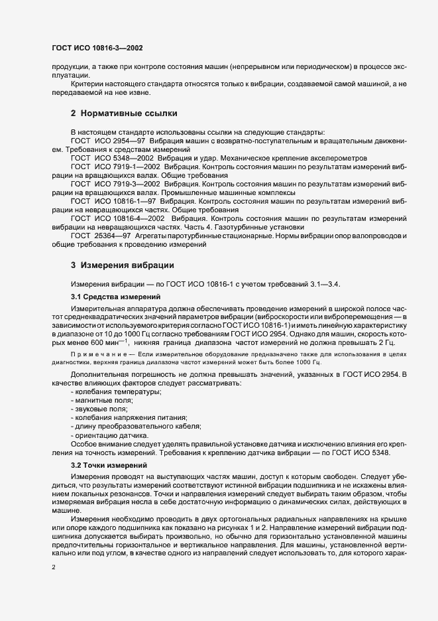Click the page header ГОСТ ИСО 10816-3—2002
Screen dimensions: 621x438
(97, 49)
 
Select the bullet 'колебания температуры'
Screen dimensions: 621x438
(106, 392)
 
